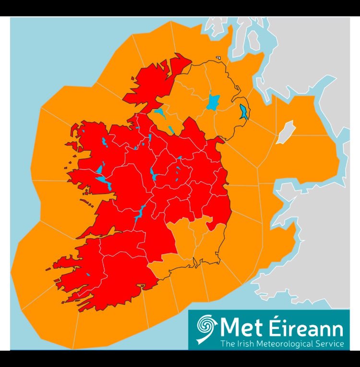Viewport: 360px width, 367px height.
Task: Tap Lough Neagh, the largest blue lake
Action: pyautogui.click(x=212, y=101)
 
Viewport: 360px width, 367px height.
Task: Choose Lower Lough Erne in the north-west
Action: pyautogui.click(x=159, y=113)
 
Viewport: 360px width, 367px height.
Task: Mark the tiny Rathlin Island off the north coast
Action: pyautogui.click(x=218, y=58)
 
